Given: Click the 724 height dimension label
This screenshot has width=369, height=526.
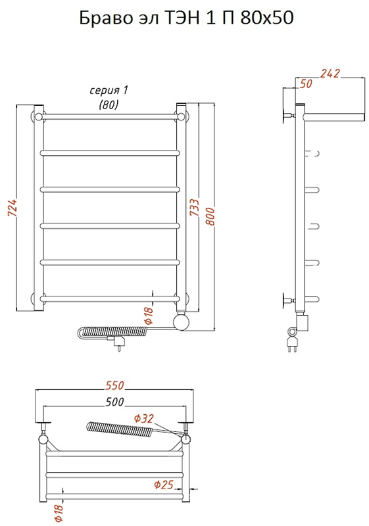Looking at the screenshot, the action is click(12, 208).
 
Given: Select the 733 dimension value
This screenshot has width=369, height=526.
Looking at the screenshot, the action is click(194, 207).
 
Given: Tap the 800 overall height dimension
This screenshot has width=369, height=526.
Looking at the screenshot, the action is click(210, 216).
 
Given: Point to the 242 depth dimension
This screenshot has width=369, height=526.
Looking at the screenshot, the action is click(330, 74).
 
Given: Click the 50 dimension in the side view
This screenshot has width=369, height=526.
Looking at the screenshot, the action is click(306, 84).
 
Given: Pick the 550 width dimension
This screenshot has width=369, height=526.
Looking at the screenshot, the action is click(114, 385).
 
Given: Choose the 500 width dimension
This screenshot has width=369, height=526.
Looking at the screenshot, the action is click(114, 402).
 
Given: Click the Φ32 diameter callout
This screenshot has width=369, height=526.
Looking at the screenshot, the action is click(143, 418).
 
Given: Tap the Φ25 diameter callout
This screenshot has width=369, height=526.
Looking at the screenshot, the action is click(164, 485).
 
